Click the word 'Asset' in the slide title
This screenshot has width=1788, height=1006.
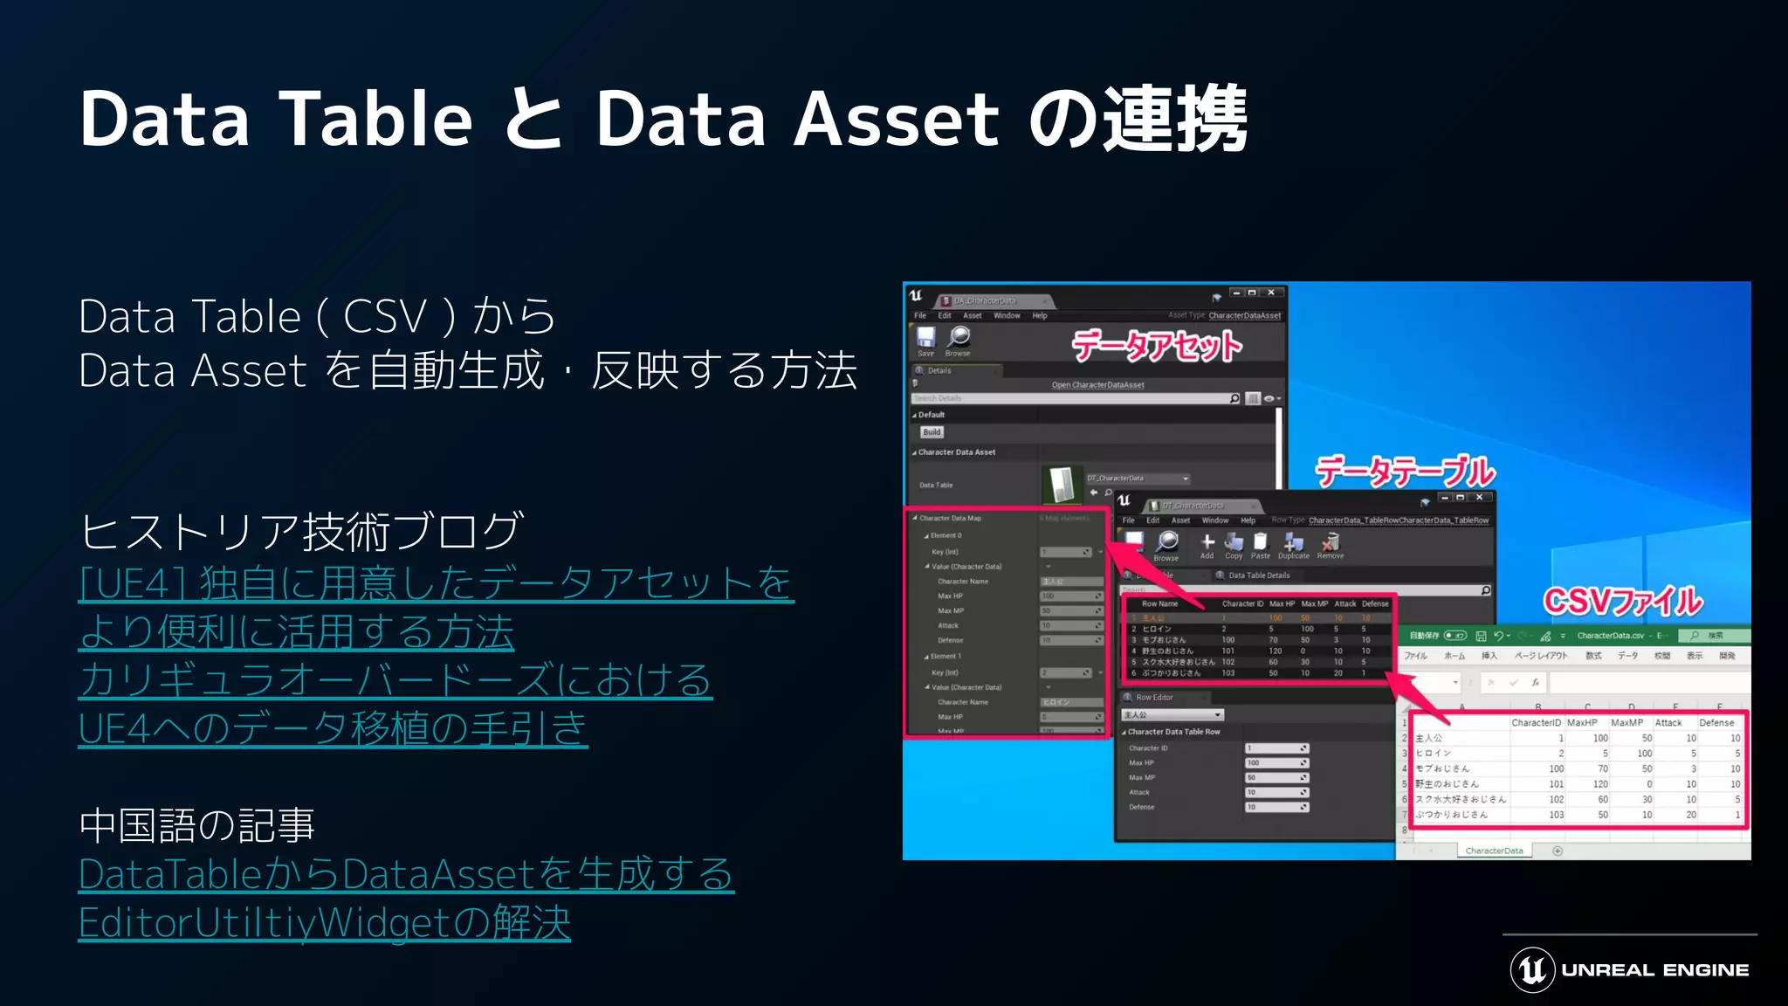coord(896,121)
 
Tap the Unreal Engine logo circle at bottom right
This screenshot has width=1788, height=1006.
coord(1532,969)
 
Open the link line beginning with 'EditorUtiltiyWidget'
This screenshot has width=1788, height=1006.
coord(324,923)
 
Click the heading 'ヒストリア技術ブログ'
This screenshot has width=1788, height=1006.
coord(301,532)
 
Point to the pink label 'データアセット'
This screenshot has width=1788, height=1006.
coord(1157,347)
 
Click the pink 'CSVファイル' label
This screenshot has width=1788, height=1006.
coord(1622,602)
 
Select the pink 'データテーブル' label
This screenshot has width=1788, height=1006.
coord(1405,472)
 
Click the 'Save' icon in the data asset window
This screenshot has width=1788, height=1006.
coord(925,339)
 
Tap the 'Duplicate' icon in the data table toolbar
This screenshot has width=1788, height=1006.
coord(1294,545)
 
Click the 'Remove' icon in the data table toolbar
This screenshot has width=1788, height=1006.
coord(1331,545)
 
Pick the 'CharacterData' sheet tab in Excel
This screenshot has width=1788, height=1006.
coord(1494,851)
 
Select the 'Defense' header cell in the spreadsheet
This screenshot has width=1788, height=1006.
coord(1716,723)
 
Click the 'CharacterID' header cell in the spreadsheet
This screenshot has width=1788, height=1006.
coord(1536,723)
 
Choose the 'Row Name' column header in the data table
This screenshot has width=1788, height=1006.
coord(1159,603)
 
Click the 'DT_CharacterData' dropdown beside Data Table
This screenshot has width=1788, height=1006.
coord(1137,479)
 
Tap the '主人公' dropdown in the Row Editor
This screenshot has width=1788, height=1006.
coord(1172,715)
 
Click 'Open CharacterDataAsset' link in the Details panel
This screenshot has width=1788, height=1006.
coord(1097,385)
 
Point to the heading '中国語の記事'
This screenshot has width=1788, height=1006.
coord(196,825)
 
